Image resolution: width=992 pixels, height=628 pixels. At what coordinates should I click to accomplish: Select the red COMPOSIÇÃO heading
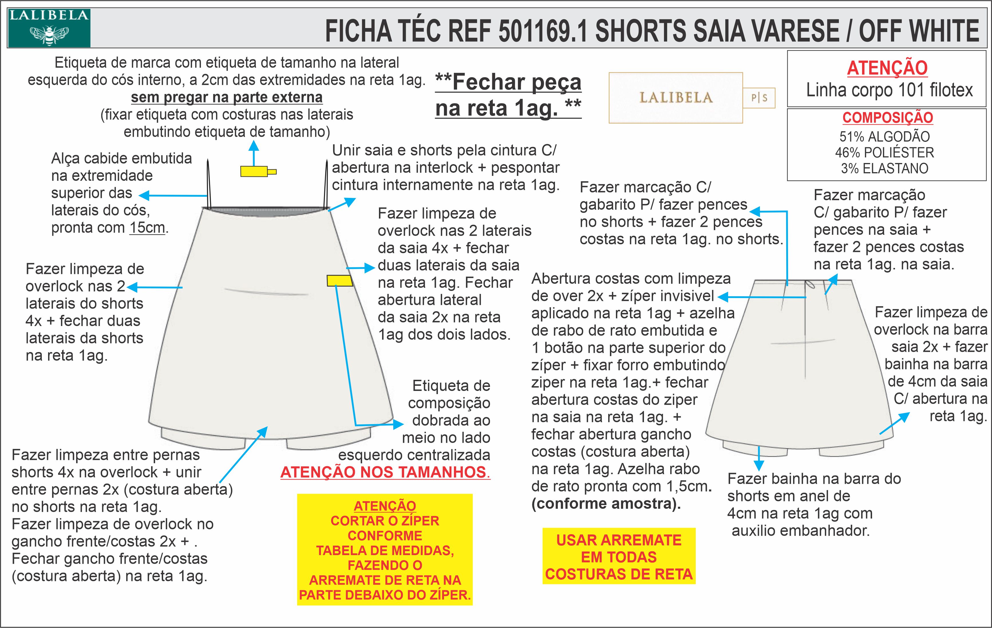tap(887, 118)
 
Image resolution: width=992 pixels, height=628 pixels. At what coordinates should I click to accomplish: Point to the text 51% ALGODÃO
tap(884, 137)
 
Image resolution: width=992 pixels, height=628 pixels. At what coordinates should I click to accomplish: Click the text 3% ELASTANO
tap(884, 168)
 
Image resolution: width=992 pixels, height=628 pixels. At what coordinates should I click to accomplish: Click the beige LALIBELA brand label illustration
tap(676, 98)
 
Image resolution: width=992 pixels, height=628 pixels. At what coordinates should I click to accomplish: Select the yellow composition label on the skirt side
tap(339, 281)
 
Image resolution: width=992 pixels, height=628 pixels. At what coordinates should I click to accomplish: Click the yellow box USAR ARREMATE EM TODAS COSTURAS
tap(619, 557)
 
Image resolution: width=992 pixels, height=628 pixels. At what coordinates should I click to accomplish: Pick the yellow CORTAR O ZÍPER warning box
tap(385, 550)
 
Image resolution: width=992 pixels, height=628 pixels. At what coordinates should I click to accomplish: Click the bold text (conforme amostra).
tap(606, 504)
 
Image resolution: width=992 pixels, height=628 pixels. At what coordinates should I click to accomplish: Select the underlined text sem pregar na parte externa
tap(227, 98)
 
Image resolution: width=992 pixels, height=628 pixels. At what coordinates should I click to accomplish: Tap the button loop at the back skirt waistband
tap(810, 285)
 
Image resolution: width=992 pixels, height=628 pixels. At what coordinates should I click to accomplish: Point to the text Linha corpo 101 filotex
tap(889, 90)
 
